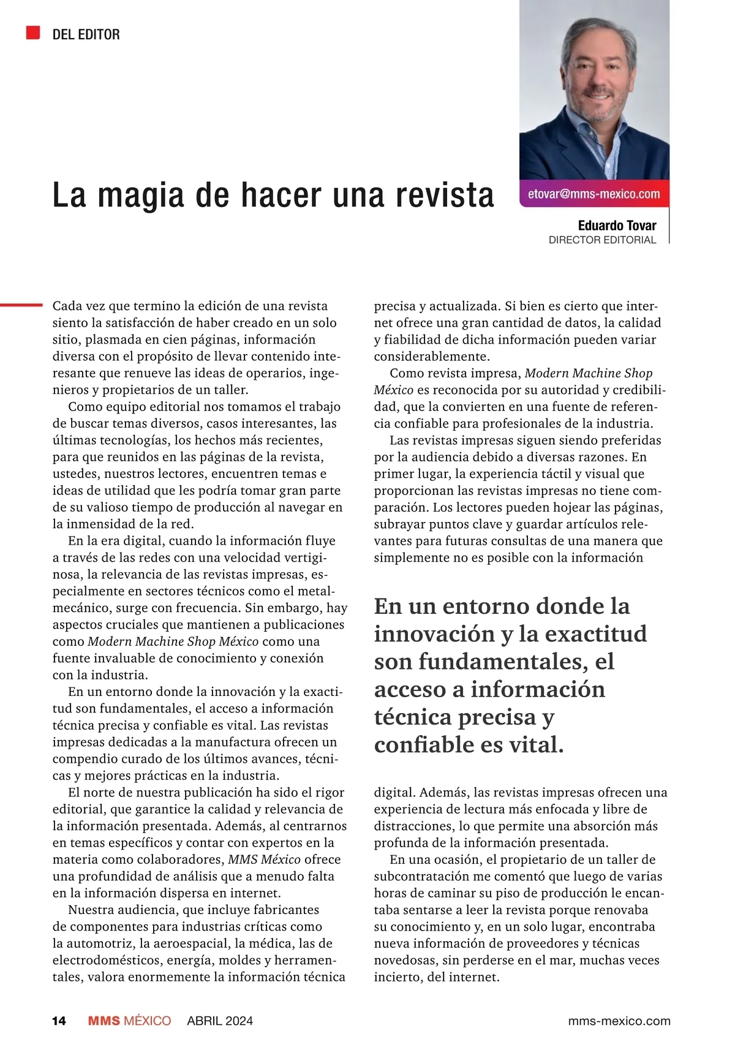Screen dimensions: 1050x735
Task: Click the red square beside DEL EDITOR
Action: point(33,32)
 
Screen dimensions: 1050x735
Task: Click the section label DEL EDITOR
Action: point(86,35)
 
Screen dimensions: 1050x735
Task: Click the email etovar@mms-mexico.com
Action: point(594,194)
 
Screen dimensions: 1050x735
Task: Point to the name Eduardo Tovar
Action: point(617,225)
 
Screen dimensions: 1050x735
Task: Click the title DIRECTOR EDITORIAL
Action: point(602,240)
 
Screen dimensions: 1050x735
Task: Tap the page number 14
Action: point(59,1021)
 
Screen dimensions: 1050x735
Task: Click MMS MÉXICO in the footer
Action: point(129,1021)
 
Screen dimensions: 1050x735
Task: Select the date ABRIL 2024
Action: point(220,1021)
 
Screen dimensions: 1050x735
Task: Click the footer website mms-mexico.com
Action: point(619,1021)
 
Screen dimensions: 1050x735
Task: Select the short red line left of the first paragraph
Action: point(20,304)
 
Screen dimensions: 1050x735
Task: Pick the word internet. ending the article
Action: point(464,977)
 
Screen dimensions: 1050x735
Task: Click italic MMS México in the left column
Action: point(264,859)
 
